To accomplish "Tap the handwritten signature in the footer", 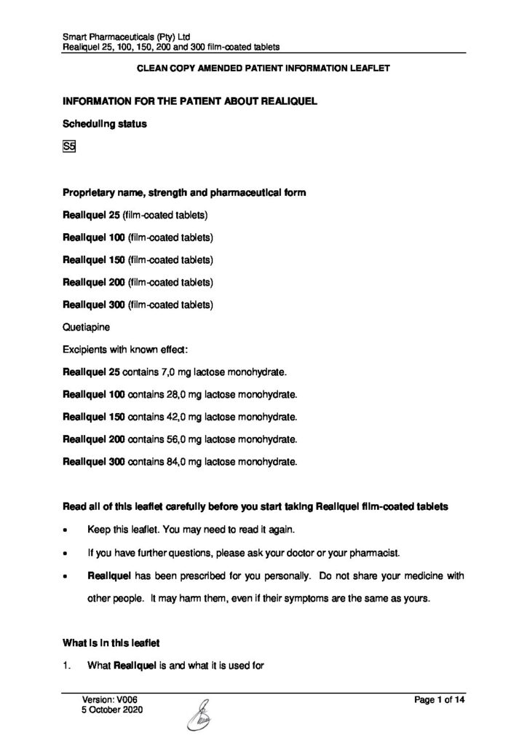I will [201, 714].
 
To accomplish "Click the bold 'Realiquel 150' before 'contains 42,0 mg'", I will [94, 417].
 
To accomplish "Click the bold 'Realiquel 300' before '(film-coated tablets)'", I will [94, 305].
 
